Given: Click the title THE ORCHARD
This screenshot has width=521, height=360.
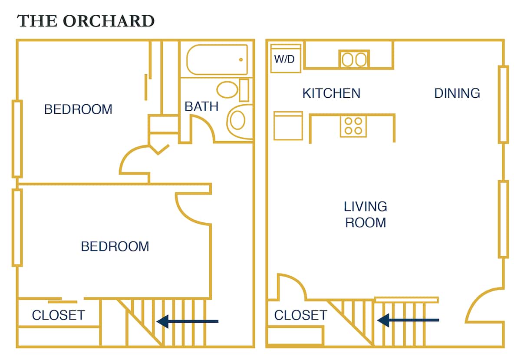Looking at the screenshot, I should (x=86, y=21).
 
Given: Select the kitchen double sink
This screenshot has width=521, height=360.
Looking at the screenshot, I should (x=354, y=59).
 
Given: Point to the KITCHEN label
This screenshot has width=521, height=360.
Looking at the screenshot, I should (x=331, y=93).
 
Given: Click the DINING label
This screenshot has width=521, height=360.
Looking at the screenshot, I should (x=457, y=93).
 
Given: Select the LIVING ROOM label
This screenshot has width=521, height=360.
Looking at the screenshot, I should (x=365, y=215).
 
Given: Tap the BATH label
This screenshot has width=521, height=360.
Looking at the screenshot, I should (x=201, y=106).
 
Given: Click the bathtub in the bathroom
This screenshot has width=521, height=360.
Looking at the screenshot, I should (x=217, y=59).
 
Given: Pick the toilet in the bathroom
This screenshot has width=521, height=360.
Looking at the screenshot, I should (x=238, y=120).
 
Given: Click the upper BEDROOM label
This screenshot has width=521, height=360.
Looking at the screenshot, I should (x=78, y=109).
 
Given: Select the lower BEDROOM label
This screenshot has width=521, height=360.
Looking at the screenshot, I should (x=115, y=247).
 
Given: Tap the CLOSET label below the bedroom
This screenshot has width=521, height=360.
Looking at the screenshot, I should (x=58, y=315).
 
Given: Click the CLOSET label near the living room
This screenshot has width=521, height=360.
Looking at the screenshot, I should (x=300, y=315).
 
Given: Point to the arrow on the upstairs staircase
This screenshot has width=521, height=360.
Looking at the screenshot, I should (x=188, y=321).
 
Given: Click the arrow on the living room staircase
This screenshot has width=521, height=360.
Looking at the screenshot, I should (x=408, y=320).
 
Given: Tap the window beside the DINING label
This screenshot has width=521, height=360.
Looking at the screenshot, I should (x=503, y=104).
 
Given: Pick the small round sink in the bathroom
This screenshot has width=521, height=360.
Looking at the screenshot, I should (x=227, y=90).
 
